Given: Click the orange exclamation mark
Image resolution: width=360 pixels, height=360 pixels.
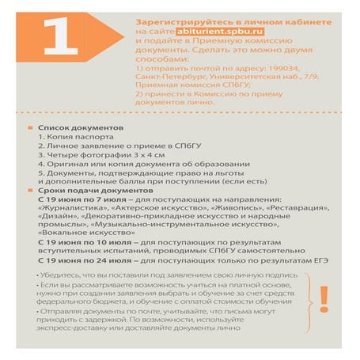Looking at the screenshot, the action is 324,299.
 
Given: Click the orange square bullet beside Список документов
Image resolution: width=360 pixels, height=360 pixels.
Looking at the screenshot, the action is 30,127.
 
